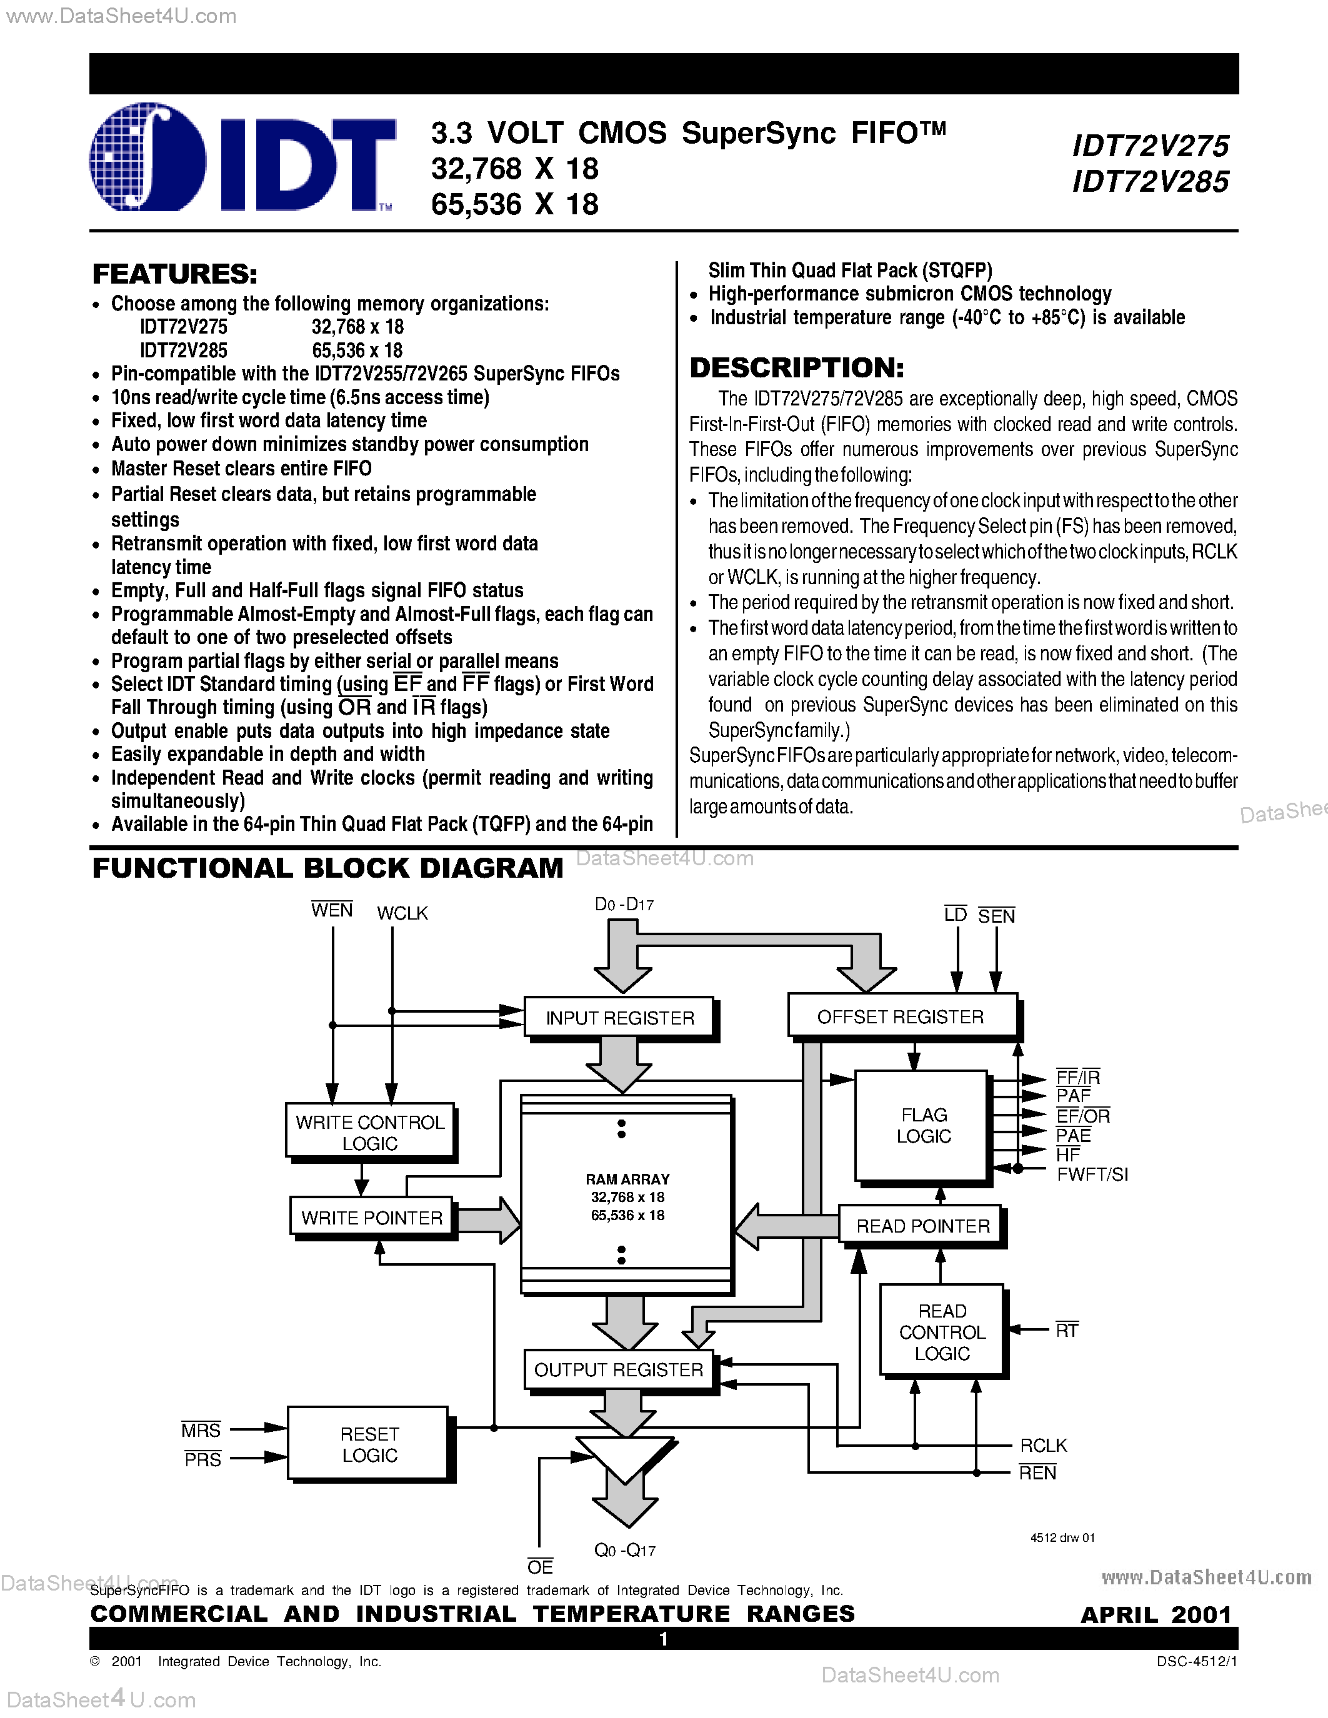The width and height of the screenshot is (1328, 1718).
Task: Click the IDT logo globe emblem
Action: point(147,158)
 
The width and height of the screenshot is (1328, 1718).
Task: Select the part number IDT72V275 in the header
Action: point(1150,146)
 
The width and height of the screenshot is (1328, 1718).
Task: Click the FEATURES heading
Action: point(174,274)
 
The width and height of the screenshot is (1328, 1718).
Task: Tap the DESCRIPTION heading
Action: point(796,367)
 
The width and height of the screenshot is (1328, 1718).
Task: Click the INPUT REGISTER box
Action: point(619,1018)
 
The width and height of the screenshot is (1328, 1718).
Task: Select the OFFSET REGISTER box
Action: point(901,1017)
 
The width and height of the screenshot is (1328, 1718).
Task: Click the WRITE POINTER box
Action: point(371,1218)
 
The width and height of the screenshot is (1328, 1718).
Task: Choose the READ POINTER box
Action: point(921,1226)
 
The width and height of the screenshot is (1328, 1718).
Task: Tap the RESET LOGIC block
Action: point(368,1444)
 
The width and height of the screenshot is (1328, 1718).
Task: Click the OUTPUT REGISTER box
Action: point(618,1370)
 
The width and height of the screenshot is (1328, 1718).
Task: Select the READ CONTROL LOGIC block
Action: point(941,1332)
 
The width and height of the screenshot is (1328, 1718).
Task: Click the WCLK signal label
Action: point(402,913)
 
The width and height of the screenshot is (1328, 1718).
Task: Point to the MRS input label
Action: point(201,1430)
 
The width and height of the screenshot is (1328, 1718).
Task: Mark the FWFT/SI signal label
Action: point(1092,1174)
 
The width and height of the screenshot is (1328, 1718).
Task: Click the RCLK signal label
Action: point(1043,1446)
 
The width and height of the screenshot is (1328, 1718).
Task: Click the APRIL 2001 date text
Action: point(1155,1615)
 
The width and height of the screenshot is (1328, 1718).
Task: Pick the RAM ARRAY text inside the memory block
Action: point(627,1179)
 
